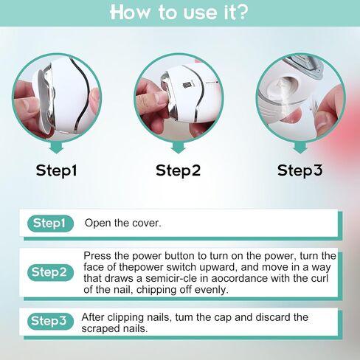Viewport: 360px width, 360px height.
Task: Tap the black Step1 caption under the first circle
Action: click(x=56, y=170)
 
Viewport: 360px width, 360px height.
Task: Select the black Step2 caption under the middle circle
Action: click(x=178, y=170)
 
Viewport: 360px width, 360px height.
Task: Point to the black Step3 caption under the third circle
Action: click(x=300, y=170)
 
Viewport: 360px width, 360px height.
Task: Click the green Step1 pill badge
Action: click(x=50, y=224)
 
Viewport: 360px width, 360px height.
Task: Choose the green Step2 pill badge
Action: click(x=50, y=272)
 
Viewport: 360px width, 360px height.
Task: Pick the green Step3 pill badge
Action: click(x=50, y=321)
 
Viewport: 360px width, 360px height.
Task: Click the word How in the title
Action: click(x=130, y=13)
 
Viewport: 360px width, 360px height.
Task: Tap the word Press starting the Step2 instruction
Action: click(x=97, y=256)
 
